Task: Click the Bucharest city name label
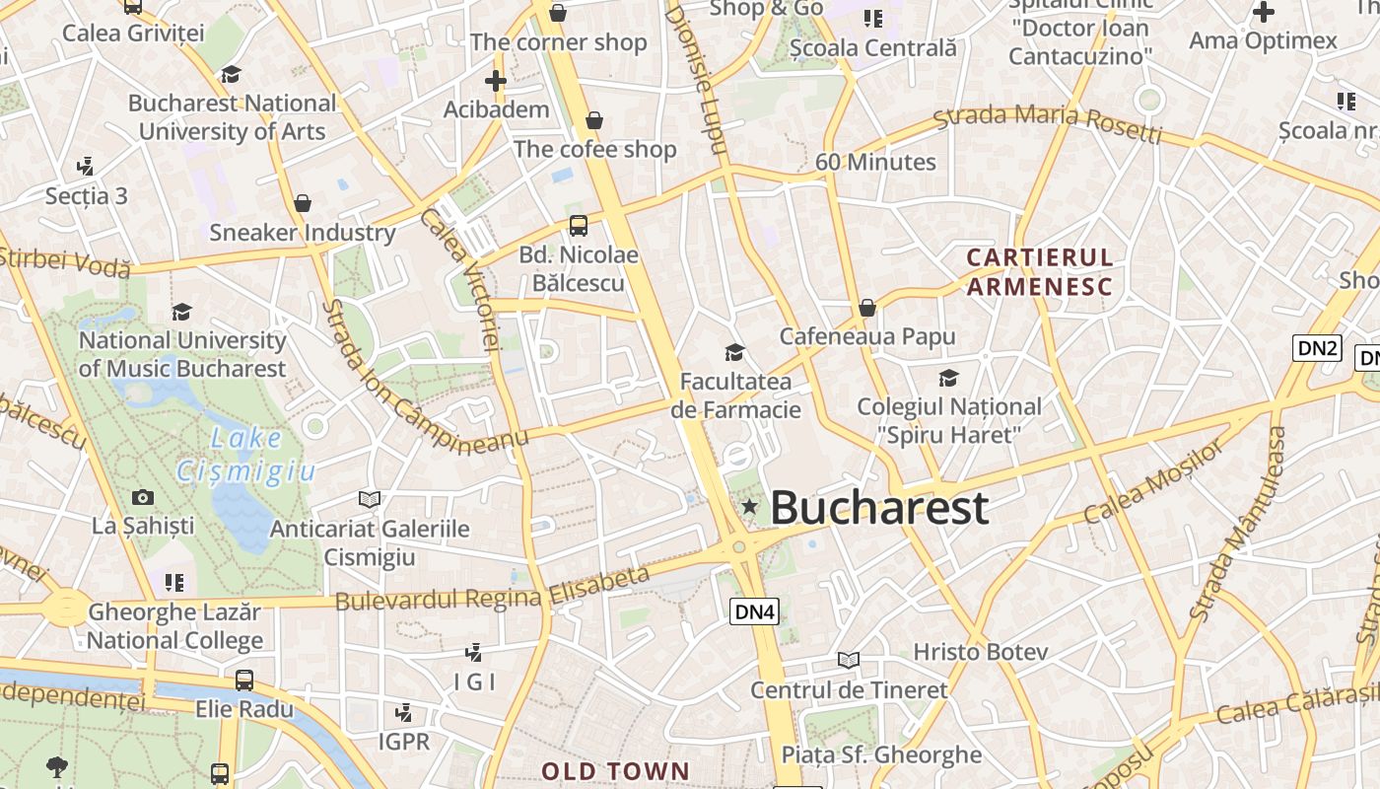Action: tap(878, 508)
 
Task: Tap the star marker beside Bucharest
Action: tap(749, 507)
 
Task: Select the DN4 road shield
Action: tap(755, 611)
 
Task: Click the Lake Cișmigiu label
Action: tap(246, 454)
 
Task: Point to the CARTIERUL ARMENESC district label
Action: tap(1040, 272)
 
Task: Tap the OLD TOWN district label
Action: tap(615, 770)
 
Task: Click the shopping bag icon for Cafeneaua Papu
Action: tap(867, 308)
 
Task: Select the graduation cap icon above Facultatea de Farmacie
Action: tap(734, 352)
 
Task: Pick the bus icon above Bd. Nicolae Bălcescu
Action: tap(579, 225)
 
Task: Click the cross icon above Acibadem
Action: tap(496, 81)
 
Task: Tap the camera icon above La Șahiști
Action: tap(143, 497)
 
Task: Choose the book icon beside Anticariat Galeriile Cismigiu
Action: tap(370, 500)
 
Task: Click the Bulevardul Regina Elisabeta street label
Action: tap(493, 588)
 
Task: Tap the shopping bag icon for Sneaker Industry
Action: tap(303, 203)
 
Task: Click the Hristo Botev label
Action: tap(980, 652)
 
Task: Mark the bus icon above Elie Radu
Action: tap(243, 680)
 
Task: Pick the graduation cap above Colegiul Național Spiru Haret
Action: tap(948, 378)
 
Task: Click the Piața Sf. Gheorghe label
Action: tap(881, 755)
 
